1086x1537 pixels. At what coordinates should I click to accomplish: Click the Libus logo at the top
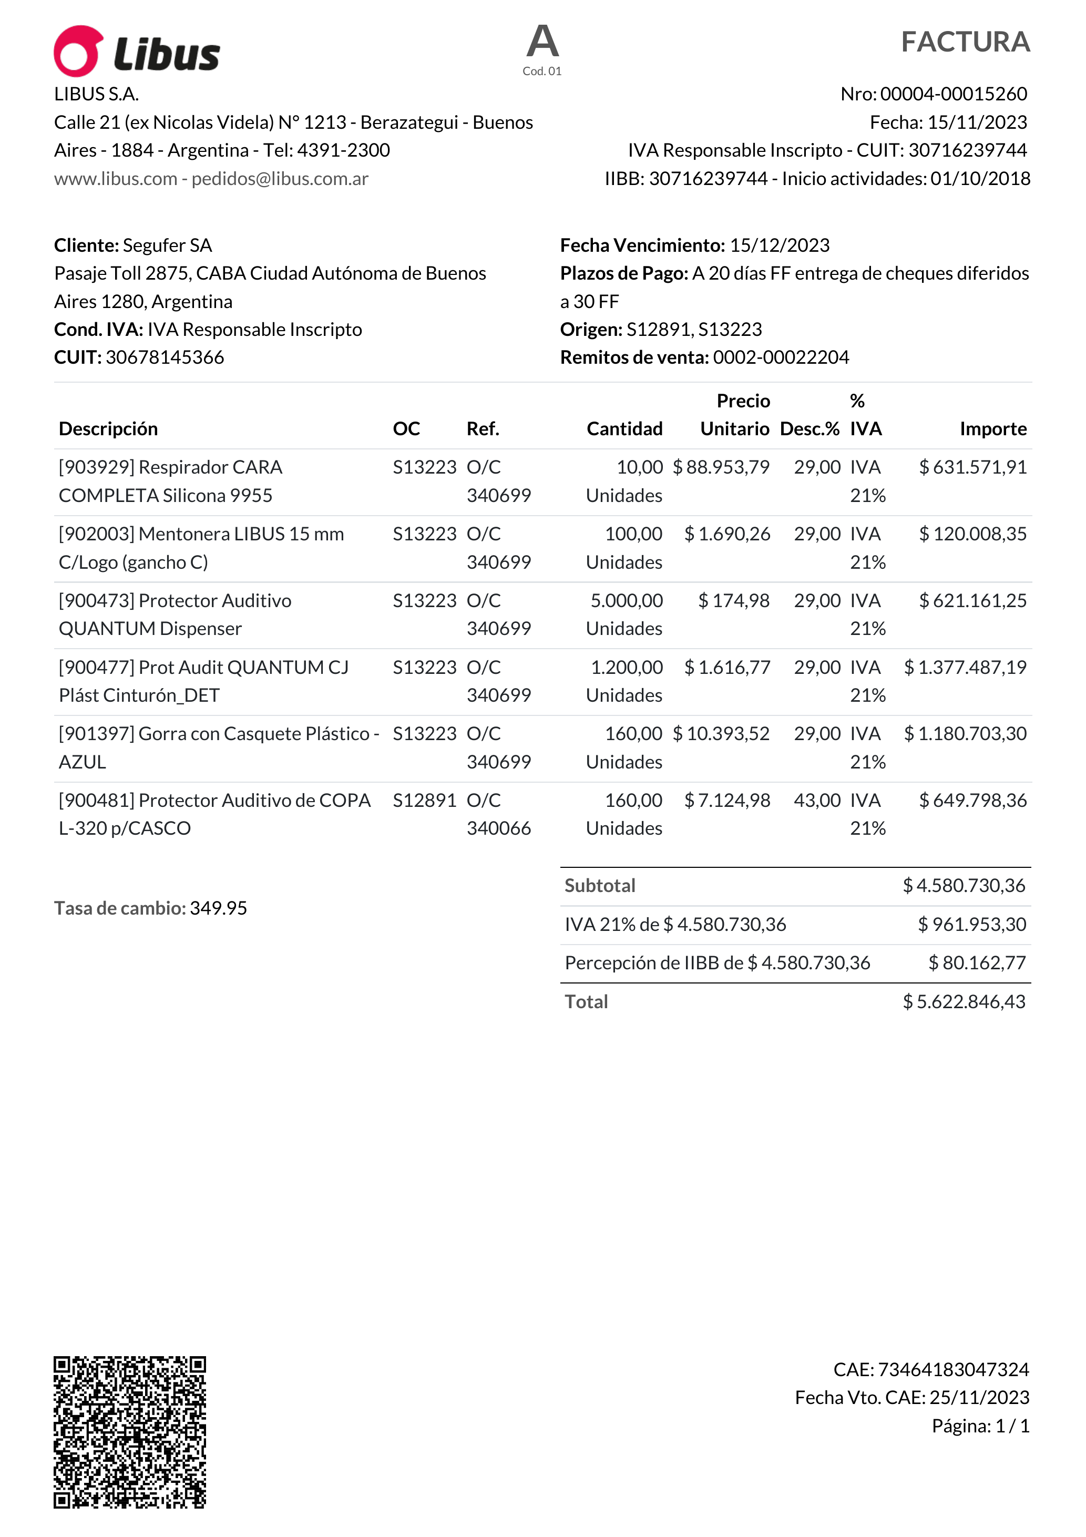[137, 52]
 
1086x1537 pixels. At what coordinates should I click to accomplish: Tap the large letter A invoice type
[542, 42]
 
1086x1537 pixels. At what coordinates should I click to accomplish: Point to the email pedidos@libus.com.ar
[280, 179]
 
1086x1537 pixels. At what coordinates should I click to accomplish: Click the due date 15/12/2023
[780, 245]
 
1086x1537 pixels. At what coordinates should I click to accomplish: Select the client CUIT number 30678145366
[165, 357]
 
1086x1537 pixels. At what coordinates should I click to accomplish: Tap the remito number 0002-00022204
[781, 357]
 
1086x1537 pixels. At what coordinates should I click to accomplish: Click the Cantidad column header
[624, 428]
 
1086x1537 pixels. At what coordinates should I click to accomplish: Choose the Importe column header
[993, 428]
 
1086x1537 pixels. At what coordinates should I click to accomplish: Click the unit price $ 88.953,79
[721, 467]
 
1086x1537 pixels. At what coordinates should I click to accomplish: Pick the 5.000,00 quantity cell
[627, 600]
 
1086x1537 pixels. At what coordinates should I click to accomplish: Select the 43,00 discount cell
[817, 801]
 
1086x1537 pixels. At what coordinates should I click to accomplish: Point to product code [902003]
[97, 534]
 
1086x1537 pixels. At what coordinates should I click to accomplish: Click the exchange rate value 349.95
[218, 908]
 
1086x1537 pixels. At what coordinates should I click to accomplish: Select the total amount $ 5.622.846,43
[964, 1002]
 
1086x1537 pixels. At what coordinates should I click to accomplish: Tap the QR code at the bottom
[130, 1432]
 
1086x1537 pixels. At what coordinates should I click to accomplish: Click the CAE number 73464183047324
[953, 1370]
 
